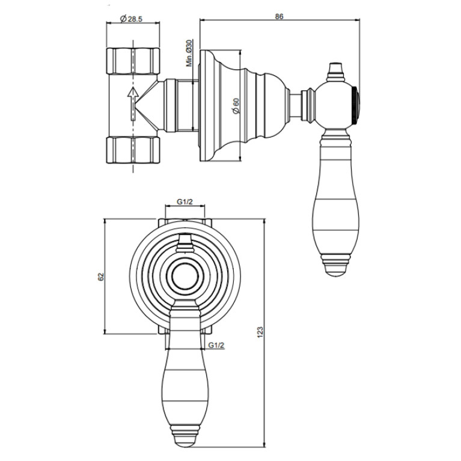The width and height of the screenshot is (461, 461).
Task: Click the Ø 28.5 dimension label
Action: [x=131, y=19]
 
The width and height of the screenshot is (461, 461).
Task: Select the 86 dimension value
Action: [x=279, y=16]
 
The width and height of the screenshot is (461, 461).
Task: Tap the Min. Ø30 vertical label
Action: [x=189, y=53]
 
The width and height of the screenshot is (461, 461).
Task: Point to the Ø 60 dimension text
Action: [x=236, y=106]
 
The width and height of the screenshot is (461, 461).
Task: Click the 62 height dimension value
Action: [x=101, y=276]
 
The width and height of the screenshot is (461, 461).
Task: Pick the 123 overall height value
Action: [x=260, y=332]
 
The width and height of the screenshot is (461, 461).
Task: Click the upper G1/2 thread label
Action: [x=185, y=202]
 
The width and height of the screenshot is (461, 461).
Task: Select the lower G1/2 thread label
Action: [x=216, y=345]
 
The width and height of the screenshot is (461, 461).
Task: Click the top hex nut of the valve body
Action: [x=133, y=61]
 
